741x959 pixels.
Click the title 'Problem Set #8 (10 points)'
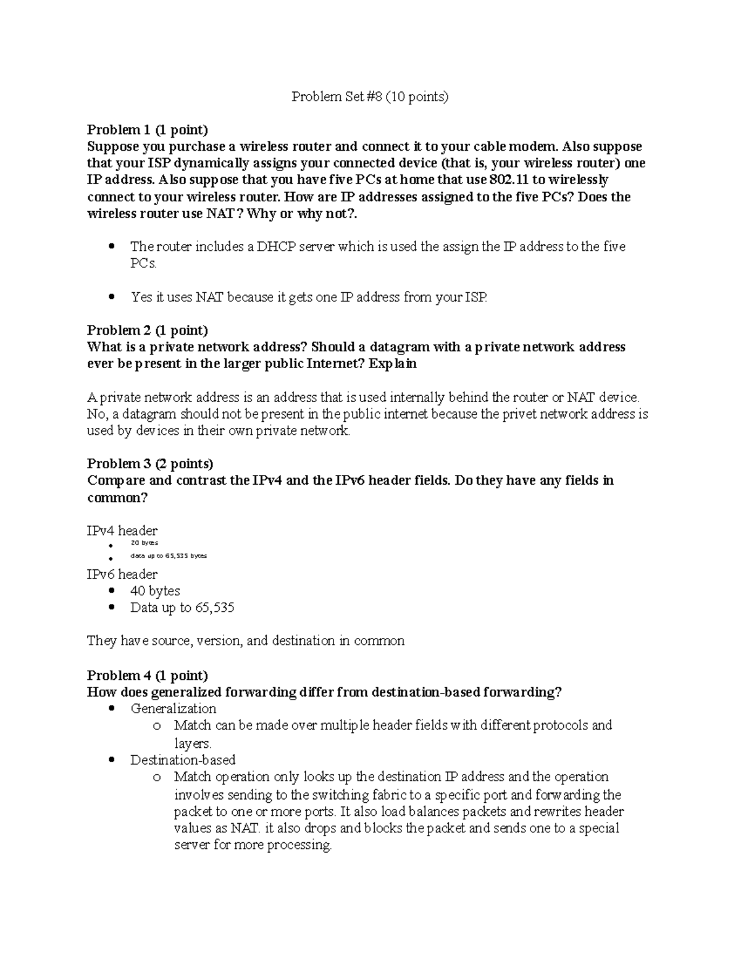tap(370, 96)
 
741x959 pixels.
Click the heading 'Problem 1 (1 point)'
tap(148, 130)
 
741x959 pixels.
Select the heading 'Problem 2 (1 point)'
tap(148, 330)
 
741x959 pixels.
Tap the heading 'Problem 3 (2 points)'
tap(150, 464)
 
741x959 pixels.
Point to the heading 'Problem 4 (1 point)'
tap(148, 675)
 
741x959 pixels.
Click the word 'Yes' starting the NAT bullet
tap(141, 297)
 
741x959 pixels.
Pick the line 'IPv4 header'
tap(122, 530)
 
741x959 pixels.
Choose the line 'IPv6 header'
tap(122, 574)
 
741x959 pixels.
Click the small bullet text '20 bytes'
tap(144, 543)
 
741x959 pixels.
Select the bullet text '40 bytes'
tap(155, 591)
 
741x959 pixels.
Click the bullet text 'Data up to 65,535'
tap(182, 608)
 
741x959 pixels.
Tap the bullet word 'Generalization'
tap(173, 708)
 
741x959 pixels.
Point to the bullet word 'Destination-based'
tap(183, 760)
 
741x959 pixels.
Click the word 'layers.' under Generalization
tap(193, 743)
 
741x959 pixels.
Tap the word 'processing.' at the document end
tap(299, 845)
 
